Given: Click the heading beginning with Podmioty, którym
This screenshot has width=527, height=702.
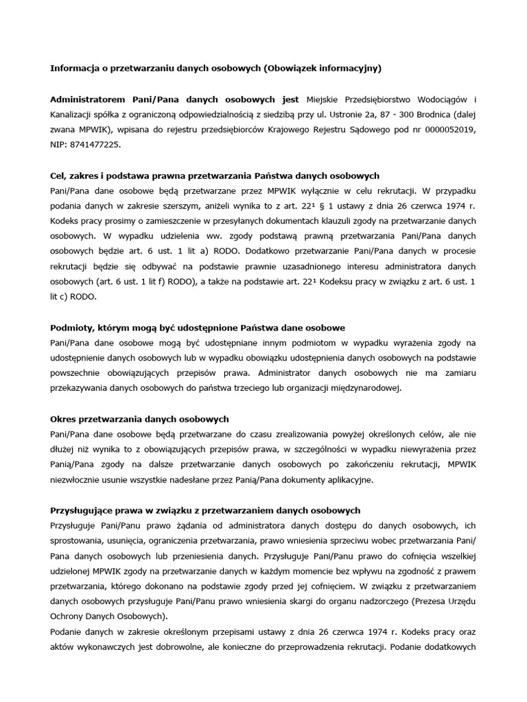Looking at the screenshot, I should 198,328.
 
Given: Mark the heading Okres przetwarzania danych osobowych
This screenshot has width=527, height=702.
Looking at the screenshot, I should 139,419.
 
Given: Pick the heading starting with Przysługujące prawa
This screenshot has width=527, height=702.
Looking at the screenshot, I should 205,511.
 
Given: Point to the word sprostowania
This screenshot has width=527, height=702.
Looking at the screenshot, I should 78,541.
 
